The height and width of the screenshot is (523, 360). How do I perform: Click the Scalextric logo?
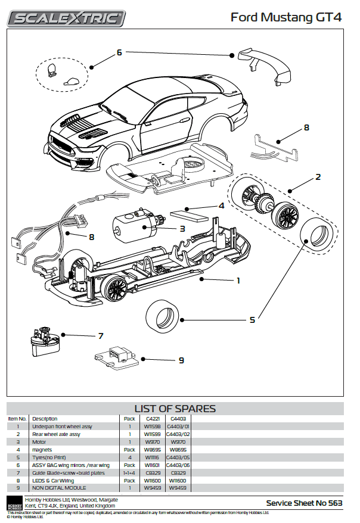point(66,17)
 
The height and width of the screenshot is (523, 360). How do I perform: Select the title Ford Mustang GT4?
point(286,17)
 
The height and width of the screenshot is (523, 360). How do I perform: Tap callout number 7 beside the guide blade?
point(101,336)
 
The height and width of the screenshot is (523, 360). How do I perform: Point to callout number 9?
point(181,360)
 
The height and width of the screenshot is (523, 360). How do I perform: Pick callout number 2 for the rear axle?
point(318,177)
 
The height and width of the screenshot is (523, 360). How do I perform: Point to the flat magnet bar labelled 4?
point(189,213)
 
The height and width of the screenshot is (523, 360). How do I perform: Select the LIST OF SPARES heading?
point(175,409)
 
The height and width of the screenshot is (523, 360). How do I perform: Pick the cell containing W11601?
point(151,465)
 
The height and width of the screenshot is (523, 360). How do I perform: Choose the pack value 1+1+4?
point(129,472)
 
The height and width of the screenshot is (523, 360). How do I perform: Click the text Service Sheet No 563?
point(304,503)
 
